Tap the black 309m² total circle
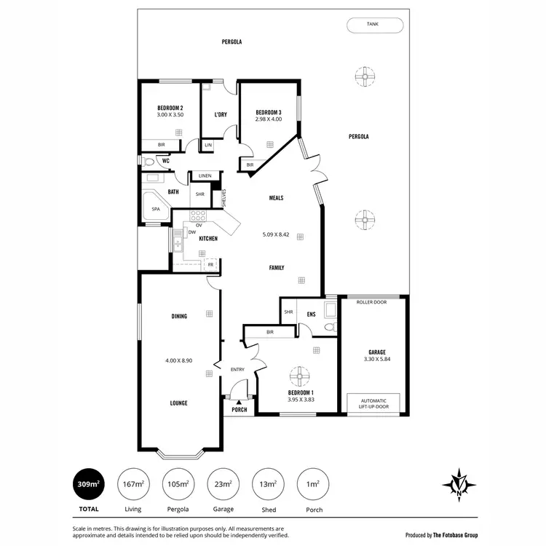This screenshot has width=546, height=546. tap(89, 483)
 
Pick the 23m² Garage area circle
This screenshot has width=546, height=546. tap(223, 483)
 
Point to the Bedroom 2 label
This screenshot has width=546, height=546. tap(170, 108)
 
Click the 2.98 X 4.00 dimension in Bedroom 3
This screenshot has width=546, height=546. tap(268, 119)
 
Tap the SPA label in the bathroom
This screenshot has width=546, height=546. tap(155, 209)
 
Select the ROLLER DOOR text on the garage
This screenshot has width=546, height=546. tap(371, 301)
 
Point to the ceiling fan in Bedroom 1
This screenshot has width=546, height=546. tap(298, 376)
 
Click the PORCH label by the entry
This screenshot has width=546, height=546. tap(239, 410)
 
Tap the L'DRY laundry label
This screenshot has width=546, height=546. tap(221, 115)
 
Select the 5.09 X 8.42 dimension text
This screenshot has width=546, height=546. tap(276, 234)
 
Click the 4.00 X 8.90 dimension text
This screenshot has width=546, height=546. tap(179, 360)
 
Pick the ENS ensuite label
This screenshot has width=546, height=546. tap(311, 314)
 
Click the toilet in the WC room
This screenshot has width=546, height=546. tap(149, 162)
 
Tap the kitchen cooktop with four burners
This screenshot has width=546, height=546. tap(198, 215)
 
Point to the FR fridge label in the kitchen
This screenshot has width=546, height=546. tap(210, 264)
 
